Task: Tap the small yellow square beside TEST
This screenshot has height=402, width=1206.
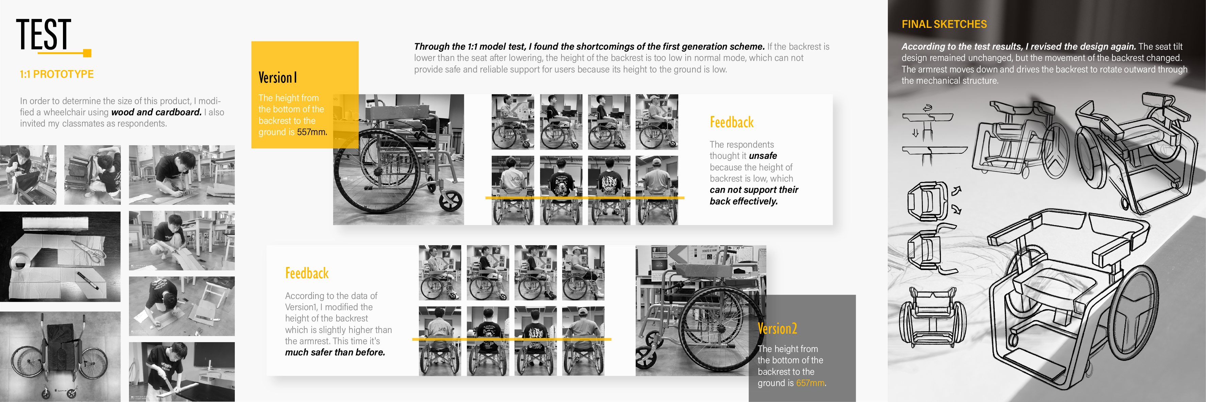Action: pos(87,53)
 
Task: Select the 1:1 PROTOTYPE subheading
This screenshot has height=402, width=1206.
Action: pos(56,74)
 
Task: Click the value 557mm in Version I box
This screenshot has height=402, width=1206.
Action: pos(311,132)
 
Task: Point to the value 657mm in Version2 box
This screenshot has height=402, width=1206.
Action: pos(810,383)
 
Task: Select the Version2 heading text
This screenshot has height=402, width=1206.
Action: pos(777,329)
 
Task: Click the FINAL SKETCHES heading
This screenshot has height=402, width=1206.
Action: pos(944,24)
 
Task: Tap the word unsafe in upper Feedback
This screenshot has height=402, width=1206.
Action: pos(763,156)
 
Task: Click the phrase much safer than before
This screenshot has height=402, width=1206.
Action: pos(335,352)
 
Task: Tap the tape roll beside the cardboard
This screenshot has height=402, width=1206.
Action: pos(19,264)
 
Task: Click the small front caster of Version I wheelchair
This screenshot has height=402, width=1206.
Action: pos(450,201)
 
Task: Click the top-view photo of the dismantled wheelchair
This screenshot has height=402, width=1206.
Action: pos(60,357)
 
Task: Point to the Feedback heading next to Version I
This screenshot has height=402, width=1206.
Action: pos(731,122)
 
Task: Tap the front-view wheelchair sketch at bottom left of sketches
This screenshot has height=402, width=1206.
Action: pos(932,316)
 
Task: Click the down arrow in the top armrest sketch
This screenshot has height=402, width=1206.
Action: pos(915,133)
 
